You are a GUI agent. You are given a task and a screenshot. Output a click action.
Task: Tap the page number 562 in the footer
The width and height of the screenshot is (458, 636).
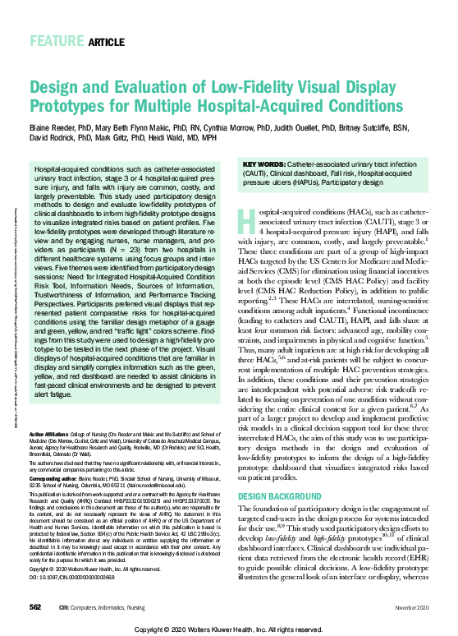(35, 606)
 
